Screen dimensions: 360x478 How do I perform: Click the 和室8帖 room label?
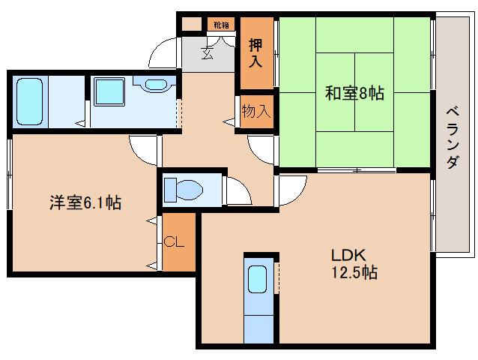[x=354, y=94]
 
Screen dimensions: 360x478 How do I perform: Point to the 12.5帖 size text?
[x=350, y=274]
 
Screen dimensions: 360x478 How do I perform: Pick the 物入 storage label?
[x=256, y=112]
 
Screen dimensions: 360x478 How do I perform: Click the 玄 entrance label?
[x=207, y=52]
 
